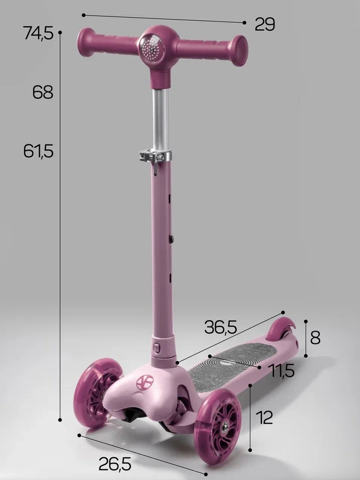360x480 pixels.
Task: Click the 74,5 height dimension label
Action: click(38, 33)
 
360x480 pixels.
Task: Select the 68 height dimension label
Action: click(43, 92)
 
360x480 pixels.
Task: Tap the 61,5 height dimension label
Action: click(39, 151)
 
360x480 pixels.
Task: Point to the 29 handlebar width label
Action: click(265, 24)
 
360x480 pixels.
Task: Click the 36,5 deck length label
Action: click(221, 327)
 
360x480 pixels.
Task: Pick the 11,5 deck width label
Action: click(281, 370)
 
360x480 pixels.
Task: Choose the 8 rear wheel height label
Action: click(315, 337)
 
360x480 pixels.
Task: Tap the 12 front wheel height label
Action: click(264, 417)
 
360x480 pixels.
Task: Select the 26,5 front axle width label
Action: click(115, 464)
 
